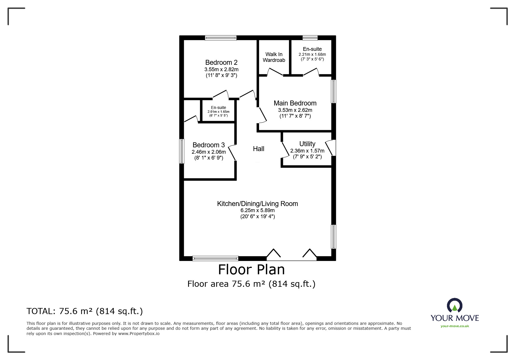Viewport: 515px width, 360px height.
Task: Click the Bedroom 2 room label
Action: pyautogui.click(x=221, y=62)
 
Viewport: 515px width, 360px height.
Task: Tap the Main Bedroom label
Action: pyautogui.click(x=295, y=103)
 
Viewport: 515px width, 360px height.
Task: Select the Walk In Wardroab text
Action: pyautogui.click(x=274, y=57)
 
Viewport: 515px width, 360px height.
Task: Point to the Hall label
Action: pyautogui.click(x=259, y=149)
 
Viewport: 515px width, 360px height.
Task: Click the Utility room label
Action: pyautogui.click(x=307, y=144)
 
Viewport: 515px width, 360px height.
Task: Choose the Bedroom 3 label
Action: pyautogui.click(x=209, y=145)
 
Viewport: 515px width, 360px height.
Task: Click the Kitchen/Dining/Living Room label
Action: pyautogui.click(x=257, y=204)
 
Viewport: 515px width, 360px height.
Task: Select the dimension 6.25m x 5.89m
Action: pyautogui.click(x=257, y=210)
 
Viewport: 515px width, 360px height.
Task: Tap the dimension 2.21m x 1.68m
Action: pyautogui.click(x=312, y=54)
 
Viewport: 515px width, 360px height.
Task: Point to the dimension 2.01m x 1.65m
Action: pyautogui.click(x=218, y=112)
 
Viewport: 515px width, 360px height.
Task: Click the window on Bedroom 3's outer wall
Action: pyautogui.click(x=182, y=151)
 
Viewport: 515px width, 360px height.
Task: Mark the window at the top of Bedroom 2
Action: pyautogui.click(x=220, y=38)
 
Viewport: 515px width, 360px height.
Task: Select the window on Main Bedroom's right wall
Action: pyautogui.click(x=334, y=91)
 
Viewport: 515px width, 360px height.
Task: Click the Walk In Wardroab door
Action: pyautogui.click(x=275, y=72)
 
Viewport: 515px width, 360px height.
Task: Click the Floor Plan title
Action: pyautogui.click(x=251, y=269)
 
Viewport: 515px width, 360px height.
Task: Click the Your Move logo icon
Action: pyautogui.click(x=455, y=306)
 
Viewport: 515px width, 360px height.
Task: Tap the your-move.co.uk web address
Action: pyautogui.click(x=455, y=326)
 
